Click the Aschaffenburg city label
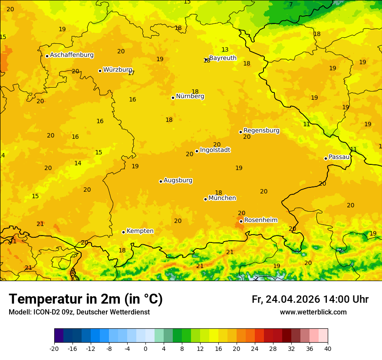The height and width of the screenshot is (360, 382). pyautogui.click(x=72, y=55)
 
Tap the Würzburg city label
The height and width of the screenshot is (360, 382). pyautogui.click(x=118, y=70)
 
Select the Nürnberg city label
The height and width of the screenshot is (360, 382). pyautogui.click(x=190, y=96)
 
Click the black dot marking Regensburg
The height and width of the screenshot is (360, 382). pyautogui.click(x=240, y=132)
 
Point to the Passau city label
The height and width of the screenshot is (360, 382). pyautogui.click(x=339, y=157)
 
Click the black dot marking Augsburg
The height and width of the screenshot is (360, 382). pyautogui.click(x=161, y=181)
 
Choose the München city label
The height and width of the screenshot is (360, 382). pyautogui.click(x=222, y=198)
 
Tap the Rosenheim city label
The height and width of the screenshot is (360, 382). pyautogui.click(x=260, y=220)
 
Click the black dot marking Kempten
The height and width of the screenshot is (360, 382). pyautogui.click(x=123, y=232)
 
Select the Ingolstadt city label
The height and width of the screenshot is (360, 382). pyautogui.click(x=215, y=150)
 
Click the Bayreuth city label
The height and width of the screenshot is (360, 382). pyautogui.click(x=223, y=58)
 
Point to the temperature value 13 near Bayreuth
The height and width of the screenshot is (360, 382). pyautogui.click(x=225, y=50)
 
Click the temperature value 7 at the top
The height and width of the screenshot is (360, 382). pyautogui.click(x=291, y=5)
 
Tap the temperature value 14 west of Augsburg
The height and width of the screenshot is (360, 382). pyautogui.click(x=78, y=164)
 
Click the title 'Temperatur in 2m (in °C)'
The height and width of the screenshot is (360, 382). pyautogui.click(x=86, y=299)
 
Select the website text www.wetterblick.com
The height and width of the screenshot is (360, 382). pyautogui.click(x=313, y=312)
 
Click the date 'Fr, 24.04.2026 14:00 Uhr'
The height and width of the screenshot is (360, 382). pyautogui.click(x=310, y=300)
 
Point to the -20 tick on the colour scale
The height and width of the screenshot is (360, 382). pyautogui.click(x=54, y=348)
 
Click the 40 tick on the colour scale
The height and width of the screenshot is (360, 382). pyautogui.click(x=328, y=348)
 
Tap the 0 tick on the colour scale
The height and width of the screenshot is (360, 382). pyautogui.click(x=145, y=348)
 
